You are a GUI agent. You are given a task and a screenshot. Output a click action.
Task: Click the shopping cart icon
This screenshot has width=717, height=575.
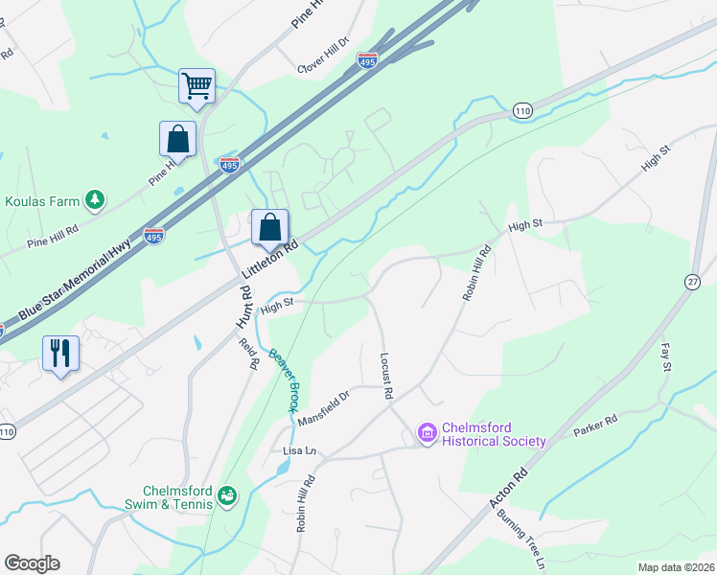(x=197, y=85)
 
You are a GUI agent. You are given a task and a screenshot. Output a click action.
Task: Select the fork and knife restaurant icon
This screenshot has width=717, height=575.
(x=60, y=353)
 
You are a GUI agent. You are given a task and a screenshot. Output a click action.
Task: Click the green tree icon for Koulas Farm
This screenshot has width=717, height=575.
(x=94, y=199)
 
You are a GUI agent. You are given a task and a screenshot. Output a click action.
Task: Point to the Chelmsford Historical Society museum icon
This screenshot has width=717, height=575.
(x=428, y=435)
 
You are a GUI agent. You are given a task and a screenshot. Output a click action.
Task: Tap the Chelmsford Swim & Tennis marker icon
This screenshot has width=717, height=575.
(x=227, y=495)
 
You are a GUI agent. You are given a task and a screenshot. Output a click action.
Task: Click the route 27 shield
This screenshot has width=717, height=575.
(x=692, y=280)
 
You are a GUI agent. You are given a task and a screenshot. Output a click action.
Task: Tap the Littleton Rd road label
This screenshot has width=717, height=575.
(x=270, y=259)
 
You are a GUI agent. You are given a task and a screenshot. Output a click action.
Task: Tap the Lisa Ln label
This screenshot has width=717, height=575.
(x=299, y=450)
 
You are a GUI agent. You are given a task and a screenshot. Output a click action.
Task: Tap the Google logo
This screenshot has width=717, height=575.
(x=32, y=563)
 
